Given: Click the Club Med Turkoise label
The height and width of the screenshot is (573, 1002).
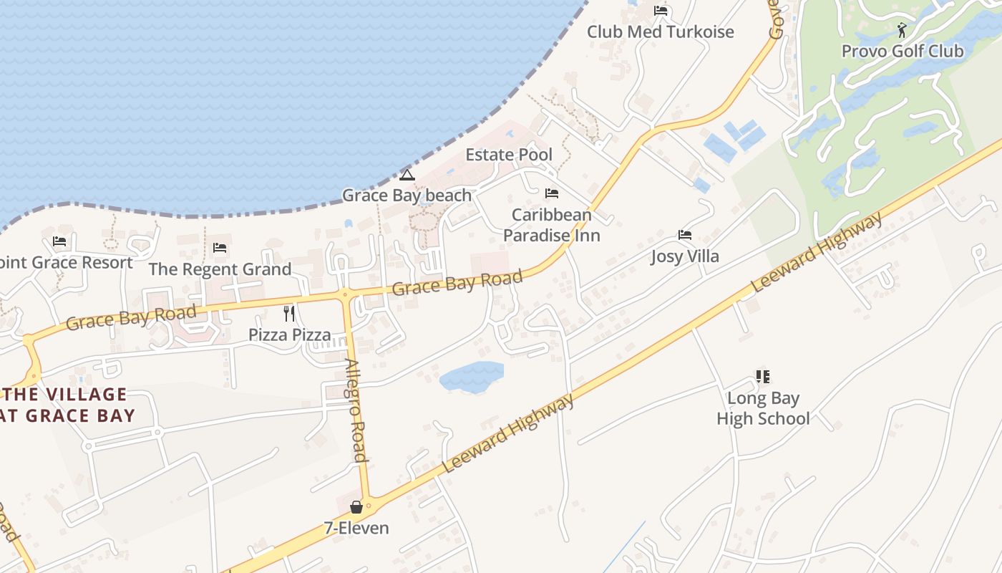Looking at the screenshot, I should (660, 32).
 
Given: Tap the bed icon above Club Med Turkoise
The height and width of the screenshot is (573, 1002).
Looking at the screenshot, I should (661, 11).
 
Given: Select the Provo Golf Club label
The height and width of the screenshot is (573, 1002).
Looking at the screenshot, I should (902, 52).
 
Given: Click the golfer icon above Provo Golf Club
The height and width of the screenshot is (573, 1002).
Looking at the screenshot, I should (902, 30).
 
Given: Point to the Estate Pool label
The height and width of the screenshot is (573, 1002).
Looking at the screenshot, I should (509, 155).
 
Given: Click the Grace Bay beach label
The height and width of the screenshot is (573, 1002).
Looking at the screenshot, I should (407, 196).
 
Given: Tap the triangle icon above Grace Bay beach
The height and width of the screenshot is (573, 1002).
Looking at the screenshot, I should (407, 175).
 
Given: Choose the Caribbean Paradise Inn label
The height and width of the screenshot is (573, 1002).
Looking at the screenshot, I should (551, 225).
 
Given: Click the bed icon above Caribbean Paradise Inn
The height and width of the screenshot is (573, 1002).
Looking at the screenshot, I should (551, 193).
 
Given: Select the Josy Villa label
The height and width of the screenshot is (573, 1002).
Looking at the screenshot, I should (685, 256).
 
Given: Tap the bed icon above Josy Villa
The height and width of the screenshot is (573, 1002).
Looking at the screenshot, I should (685, 235).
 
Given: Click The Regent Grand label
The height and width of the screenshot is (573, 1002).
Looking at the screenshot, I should (220, 269).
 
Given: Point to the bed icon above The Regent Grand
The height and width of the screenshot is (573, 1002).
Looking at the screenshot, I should (220, 248).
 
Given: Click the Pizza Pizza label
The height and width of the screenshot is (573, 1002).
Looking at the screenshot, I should (289, 334).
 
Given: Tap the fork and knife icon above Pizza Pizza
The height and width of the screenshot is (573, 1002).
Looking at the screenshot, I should (289, 313).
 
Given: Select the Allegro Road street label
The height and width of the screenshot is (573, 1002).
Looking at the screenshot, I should (356, 410).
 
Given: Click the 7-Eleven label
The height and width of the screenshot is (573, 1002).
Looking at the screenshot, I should (356, 529).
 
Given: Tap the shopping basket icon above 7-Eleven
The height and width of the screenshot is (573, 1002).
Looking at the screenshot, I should (356, 507).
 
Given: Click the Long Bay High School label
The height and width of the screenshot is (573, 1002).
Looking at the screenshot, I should (763, 408).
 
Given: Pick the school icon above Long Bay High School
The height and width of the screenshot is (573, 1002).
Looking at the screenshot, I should (763, 376).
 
